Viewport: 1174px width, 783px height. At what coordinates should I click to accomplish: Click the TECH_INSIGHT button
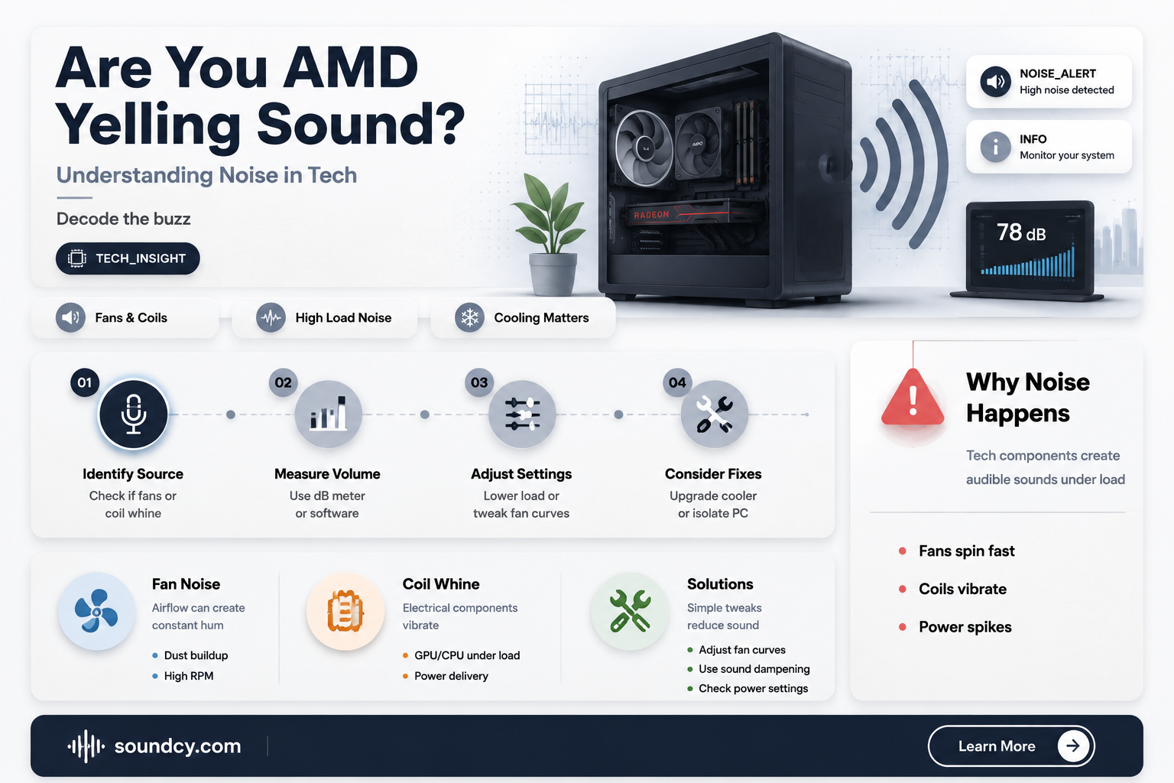(128, 258)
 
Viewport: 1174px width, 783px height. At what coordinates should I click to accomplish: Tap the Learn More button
(1011, 746)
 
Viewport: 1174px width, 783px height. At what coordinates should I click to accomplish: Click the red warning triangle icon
(913, 398)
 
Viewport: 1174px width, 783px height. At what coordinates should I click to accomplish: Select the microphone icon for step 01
(134, 414)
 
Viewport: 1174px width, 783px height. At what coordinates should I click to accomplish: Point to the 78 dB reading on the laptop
(1021, 232)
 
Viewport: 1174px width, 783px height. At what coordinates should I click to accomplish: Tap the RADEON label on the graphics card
(651, 215)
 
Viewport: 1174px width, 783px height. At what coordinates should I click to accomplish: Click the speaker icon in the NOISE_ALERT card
(995, 81)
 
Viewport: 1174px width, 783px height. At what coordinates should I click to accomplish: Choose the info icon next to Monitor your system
(995, 147)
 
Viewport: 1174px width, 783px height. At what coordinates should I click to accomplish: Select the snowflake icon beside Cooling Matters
(469, 317)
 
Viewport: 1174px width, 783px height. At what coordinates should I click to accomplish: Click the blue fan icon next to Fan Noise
(96, 612)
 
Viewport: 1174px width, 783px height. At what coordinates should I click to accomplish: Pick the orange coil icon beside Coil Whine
(345, 612)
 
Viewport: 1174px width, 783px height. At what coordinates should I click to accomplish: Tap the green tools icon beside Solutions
(630, 612)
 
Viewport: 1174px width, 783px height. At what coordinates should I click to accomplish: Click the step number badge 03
(479, 382)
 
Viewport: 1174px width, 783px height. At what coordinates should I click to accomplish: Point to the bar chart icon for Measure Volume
(328, 414)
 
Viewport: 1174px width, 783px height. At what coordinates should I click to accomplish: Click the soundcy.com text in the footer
(177, 746)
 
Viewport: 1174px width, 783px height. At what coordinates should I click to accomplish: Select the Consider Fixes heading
(713, 473)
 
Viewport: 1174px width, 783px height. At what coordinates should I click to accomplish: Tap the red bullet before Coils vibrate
(903, 589)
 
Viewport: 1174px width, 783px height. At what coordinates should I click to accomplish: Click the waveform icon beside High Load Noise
(271, 317)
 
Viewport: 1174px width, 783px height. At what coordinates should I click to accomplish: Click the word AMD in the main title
(351, 67)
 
